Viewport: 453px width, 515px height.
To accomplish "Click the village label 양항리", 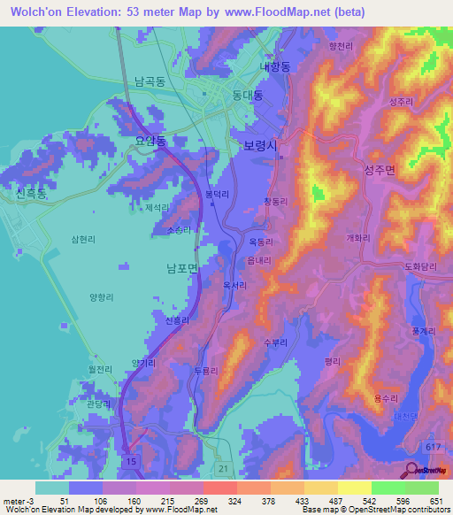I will (x=104, y=297).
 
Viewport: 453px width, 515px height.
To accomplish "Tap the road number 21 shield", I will (x=224, y=466).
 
